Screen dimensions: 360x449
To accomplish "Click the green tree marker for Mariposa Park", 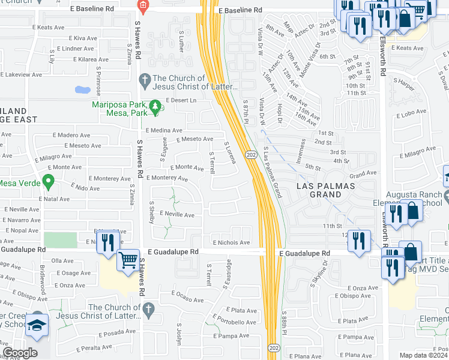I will (x=156, y=107).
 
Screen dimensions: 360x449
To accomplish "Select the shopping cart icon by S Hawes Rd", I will (x=128, y=260).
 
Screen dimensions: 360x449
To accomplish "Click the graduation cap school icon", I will (x=38, y=325).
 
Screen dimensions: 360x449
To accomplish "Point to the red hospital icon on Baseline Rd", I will (x=142, y=7).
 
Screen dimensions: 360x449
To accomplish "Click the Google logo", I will (x=20, y=353).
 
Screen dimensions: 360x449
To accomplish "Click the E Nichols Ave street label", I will (x=231, y=242).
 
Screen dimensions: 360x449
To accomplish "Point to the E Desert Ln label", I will (x=181, y=100).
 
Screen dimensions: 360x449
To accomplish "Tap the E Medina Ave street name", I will (x=164, y=130).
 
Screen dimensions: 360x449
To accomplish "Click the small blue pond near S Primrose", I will (x=82, y=91).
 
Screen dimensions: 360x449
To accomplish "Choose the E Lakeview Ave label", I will (x=23, y=74).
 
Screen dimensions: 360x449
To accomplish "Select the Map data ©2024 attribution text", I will (x=423, y=355).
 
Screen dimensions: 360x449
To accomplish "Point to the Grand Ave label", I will (x=363, y=173).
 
